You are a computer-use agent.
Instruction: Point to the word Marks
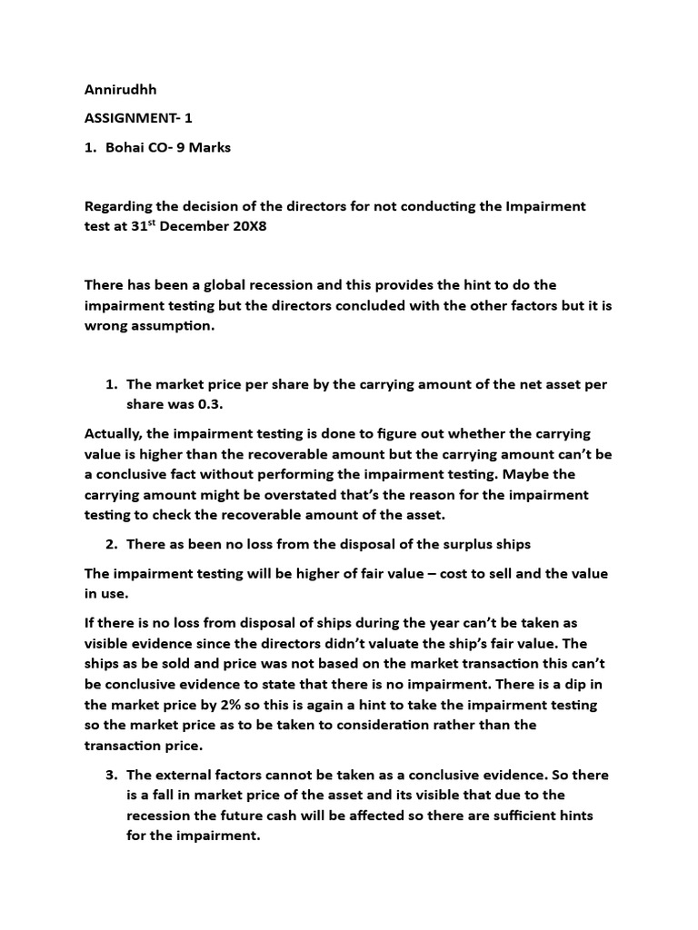click(208, 147)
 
